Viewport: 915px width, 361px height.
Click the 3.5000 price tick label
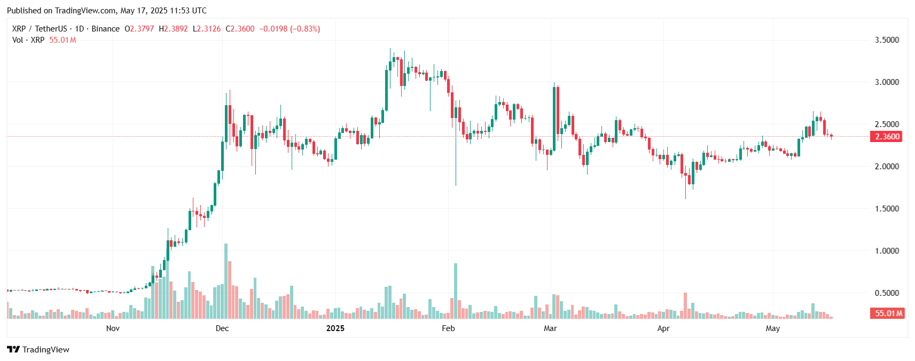tap(886, 40)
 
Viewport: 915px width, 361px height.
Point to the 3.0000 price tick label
tap(886, 82)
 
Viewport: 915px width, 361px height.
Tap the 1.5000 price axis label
tap(886, 209)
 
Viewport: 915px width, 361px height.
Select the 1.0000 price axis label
tap(886, 251)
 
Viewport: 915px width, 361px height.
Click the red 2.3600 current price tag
tap(887, 137)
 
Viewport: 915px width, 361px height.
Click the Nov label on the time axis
tap(113, 328)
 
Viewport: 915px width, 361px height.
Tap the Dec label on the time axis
tap(222, 328)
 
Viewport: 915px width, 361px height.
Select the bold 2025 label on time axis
tap(335, 328)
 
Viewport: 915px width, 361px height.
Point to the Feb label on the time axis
tap(448, 328)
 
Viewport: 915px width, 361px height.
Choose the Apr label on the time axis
tap(663, 328)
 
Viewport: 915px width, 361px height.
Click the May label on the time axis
tap(772, 328)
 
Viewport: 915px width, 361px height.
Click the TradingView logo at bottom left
tap(38, 350)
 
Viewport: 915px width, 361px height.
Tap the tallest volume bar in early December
tap(226, 281)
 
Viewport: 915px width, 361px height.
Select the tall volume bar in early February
tap(456, 291)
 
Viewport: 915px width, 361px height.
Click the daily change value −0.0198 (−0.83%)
tap(290, 29)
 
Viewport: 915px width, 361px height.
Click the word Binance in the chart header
tap(105, 29)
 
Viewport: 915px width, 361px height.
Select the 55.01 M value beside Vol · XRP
tap(62, 40)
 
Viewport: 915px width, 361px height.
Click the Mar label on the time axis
tap(550, 328)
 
